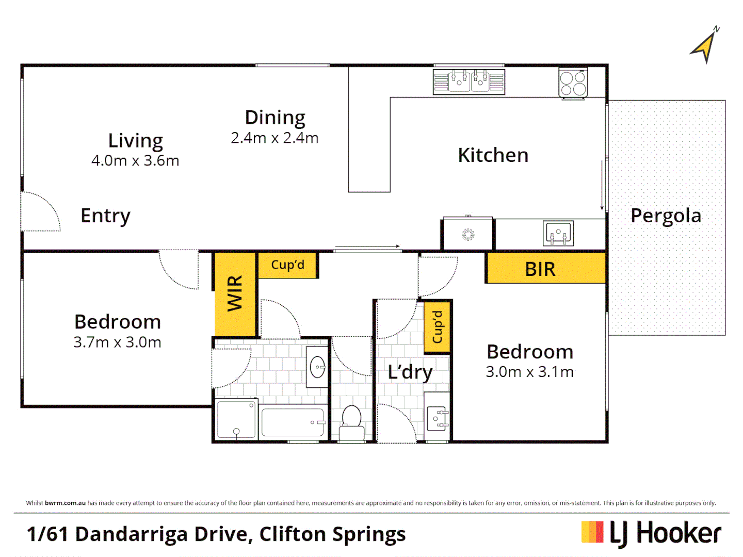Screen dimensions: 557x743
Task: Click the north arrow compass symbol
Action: (705, 46)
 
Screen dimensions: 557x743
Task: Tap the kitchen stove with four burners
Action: (573, 83)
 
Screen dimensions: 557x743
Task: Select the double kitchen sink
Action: (469, 81)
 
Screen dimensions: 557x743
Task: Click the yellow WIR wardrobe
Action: (235, 293)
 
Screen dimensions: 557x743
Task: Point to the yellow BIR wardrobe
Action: (545, 268)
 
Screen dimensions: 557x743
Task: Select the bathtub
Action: (293, 422)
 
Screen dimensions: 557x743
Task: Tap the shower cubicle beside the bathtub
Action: (236, 419)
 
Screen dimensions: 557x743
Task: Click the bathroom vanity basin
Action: (317, 367)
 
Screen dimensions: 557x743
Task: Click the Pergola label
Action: (666, 216)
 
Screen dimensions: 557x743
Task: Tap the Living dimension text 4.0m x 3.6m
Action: (135, 161)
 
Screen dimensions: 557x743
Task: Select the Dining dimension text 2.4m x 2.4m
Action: (274, 138)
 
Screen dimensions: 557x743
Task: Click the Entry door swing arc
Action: (41, 211)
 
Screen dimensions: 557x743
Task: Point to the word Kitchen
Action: (493, 155)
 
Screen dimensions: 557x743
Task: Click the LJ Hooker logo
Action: (651, 533)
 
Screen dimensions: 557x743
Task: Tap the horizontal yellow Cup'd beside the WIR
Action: (287, 265)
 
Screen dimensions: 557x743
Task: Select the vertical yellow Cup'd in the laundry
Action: (437, 327)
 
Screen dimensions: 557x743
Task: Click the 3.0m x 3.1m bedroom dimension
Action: (529, 372)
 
